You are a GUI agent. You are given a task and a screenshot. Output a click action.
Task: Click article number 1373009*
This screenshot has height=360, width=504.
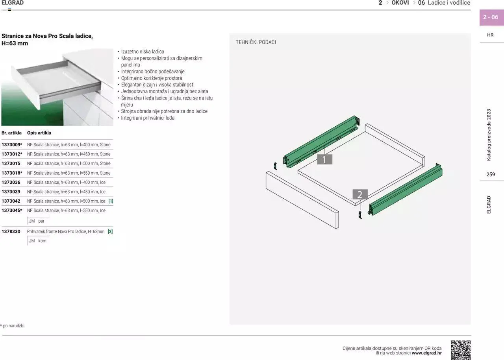[12, 145]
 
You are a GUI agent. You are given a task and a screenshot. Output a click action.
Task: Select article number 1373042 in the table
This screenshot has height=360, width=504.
[11, 201]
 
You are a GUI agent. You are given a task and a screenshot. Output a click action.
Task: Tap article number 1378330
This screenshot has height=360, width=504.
[11, 232]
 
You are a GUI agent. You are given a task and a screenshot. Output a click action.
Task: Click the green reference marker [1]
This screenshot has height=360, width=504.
[111, 201]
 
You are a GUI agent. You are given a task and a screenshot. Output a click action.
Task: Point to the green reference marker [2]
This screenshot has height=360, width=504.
[110, 232]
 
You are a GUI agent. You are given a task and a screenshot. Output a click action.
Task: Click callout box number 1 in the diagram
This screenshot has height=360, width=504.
[324, 159]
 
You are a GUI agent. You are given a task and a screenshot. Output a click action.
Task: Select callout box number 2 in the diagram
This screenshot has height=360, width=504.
[359, 194]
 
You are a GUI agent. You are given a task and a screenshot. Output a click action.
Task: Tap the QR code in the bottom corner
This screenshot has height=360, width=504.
[460, 350]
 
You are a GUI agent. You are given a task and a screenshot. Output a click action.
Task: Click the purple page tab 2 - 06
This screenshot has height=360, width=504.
[491, 17]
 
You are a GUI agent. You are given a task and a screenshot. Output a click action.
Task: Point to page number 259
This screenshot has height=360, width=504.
[491, 175]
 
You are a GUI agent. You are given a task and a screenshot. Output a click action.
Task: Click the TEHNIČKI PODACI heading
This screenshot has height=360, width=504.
[256, 42]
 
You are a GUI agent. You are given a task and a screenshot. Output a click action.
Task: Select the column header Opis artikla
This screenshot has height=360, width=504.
[39, 133]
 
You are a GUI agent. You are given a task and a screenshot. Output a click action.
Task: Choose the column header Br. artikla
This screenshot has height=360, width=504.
[11, 133]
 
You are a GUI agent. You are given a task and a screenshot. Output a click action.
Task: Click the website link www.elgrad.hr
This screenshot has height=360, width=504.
[426, 353]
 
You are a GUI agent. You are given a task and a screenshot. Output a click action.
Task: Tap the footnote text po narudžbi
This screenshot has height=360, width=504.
[13, 326]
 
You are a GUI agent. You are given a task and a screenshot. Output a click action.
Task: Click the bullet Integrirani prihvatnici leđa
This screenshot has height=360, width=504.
[148, 118]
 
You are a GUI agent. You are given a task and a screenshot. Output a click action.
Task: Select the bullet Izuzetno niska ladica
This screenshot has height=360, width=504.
[143, 52]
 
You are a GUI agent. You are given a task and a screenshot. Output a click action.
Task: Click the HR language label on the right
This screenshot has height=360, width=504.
[490, 35]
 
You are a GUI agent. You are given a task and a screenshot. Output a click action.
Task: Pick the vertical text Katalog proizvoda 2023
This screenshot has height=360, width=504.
[489, 135]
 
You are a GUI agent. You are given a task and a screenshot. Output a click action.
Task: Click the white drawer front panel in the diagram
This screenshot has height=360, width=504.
[302, 199]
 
